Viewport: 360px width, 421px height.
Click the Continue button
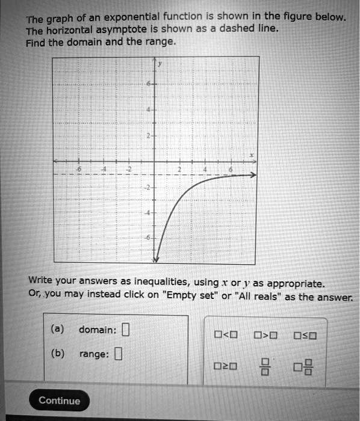pos(59,401)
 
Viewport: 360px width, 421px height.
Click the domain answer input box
pos(125,330)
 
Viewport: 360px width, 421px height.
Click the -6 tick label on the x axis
pos(77,170)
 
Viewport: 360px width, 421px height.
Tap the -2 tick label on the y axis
pos(147,188)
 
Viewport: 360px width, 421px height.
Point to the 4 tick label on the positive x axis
pos(205,170)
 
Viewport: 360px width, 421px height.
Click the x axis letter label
pos(252,155)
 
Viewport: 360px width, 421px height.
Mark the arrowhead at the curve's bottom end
pos(155,259)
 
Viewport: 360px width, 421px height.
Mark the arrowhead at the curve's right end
pos(253,175)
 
